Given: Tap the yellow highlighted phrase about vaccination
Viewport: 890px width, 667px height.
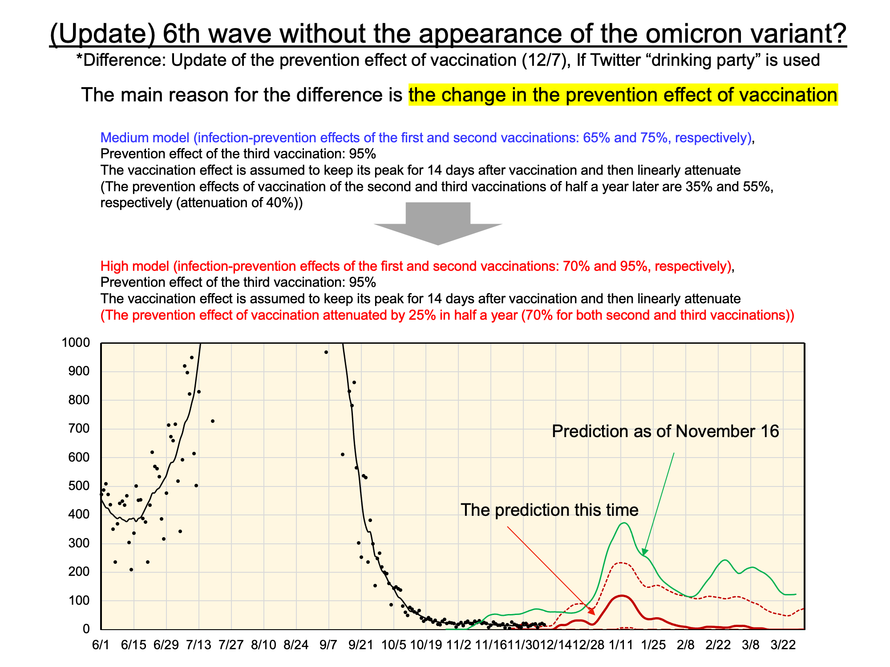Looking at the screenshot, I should [623, 95].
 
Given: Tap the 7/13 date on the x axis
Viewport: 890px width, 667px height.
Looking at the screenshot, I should [198, 645].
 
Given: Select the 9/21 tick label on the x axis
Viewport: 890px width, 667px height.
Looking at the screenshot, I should [361, 645].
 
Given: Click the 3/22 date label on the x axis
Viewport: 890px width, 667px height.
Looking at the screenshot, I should [783, 645].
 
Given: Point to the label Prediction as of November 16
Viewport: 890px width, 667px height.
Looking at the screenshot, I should [665, 431].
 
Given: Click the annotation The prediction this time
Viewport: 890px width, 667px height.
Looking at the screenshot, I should [550, 510].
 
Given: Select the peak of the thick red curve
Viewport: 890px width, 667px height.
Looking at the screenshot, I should [621, 596].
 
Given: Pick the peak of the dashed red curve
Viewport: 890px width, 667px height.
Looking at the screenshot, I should [620, 563].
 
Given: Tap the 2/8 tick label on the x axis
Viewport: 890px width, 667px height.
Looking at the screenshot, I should [686, 645].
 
